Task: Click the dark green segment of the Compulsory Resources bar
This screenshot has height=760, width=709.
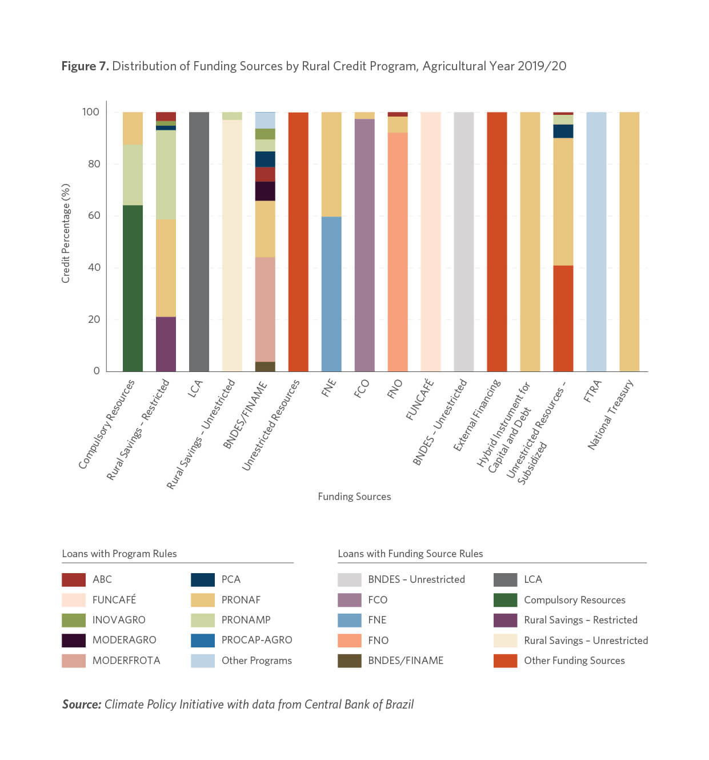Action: [133, 288]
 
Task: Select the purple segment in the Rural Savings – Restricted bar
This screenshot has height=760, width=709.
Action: [166, 343]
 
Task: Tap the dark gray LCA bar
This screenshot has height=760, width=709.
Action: [199, 242]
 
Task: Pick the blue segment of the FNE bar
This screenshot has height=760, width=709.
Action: [331, 294]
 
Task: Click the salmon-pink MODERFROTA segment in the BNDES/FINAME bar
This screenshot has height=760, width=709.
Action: [265, 309]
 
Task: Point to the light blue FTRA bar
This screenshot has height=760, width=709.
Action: [596, 242]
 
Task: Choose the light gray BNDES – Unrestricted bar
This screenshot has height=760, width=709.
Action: [464, 242]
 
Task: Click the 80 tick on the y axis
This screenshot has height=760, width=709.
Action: [94, 164]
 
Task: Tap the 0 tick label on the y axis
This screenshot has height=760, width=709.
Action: [97, 371]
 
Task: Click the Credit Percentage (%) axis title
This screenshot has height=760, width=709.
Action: [66, 234]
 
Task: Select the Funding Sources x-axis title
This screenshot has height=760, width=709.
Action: [354, 497]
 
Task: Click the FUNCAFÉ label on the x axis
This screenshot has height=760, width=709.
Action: [420, 399]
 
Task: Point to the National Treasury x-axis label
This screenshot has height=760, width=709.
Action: [610, 414]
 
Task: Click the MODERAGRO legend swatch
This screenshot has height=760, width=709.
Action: [74, 640]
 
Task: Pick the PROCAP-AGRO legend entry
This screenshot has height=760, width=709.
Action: [242, 640]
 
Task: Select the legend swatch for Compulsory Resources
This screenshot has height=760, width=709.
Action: [505, 599]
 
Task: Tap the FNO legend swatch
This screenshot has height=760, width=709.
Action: [349, 640]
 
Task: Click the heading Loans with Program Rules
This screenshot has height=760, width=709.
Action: [119, 554]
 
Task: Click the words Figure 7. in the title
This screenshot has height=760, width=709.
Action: [85, 66]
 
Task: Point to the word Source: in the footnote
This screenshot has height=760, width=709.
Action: [82, 705]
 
